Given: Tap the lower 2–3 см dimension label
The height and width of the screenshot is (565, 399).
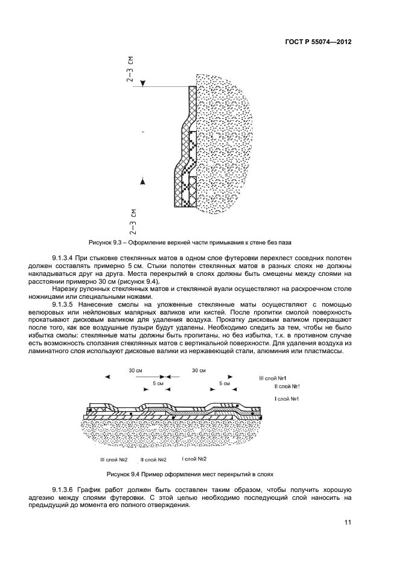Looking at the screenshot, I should [133, 221].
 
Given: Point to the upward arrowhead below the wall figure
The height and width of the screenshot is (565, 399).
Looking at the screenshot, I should [142, 180].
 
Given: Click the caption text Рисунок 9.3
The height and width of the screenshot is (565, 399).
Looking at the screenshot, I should [106, 243].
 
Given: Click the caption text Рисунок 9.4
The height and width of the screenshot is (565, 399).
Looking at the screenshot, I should [123, 474].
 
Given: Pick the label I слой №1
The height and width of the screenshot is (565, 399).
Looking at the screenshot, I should [287, 399].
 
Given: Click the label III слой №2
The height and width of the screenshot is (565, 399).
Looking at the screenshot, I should [113, 459].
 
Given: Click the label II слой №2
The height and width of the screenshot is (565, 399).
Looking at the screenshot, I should [153, 459].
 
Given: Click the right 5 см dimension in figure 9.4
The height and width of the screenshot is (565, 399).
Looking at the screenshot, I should [225, 383].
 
